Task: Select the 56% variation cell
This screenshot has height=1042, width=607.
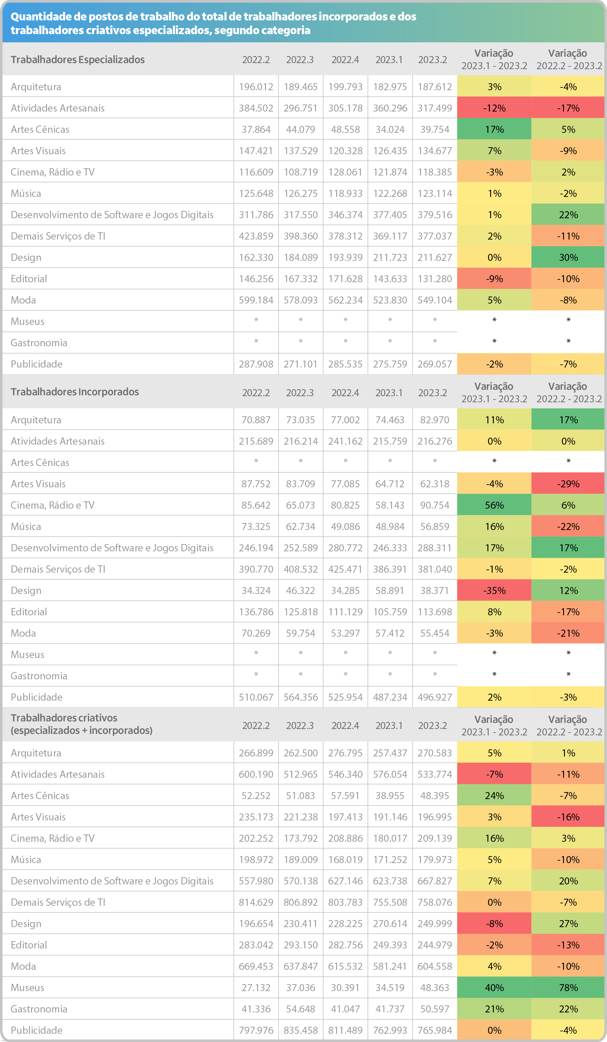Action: click(494, 505)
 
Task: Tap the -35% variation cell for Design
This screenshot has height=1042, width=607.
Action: click(494, 590)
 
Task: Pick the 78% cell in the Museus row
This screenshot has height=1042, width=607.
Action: click(568, 987)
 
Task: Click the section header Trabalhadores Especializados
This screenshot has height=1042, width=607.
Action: click(78, 59)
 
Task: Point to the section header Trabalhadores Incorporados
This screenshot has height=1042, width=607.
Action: click(75, 392)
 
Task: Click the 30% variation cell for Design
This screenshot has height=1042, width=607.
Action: click(568, 257)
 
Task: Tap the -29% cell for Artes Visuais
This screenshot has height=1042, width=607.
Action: click(568, 483)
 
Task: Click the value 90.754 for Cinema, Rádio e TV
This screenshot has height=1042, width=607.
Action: click(434, 505)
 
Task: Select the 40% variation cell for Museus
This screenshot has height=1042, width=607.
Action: click(494, 987)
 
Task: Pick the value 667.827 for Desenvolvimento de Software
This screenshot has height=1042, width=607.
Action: click(434, 881)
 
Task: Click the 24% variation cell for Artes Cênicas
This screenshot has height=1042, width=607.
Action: click(494, 795)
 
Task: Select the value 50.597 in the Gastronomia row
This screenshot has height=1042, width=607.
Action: click(434, 1008)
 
